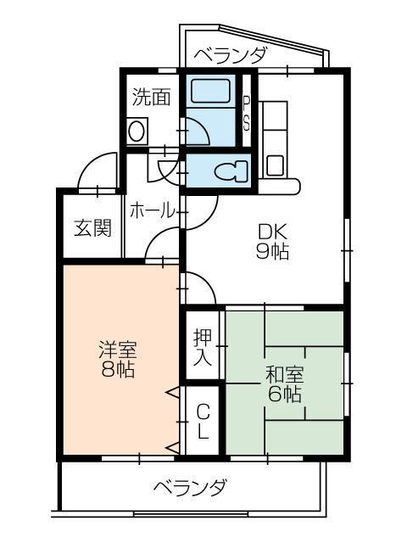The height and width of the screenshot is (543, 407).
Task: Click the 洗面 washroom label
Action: (152, 96)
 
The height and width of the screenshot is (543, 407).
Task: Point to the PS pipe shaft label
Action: (247, 110)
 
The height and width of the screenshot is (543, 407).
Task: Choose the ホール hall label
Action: (151, 210)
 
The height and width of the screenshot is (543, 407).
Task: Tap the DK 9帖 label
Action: (273, 239)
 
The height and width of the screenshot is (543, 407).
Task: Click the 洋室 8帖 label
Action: (117, 357)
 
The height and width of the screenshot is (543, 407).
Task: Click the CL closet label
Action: (203, 422)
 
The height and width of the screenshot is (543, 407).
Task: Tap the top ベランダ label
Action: (231, 55)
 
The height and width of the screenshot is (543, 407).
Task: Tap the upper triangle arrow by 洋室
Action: (172, 392)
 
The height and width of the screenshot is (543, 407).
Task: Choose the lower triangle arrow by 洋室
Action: (172, 446)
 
